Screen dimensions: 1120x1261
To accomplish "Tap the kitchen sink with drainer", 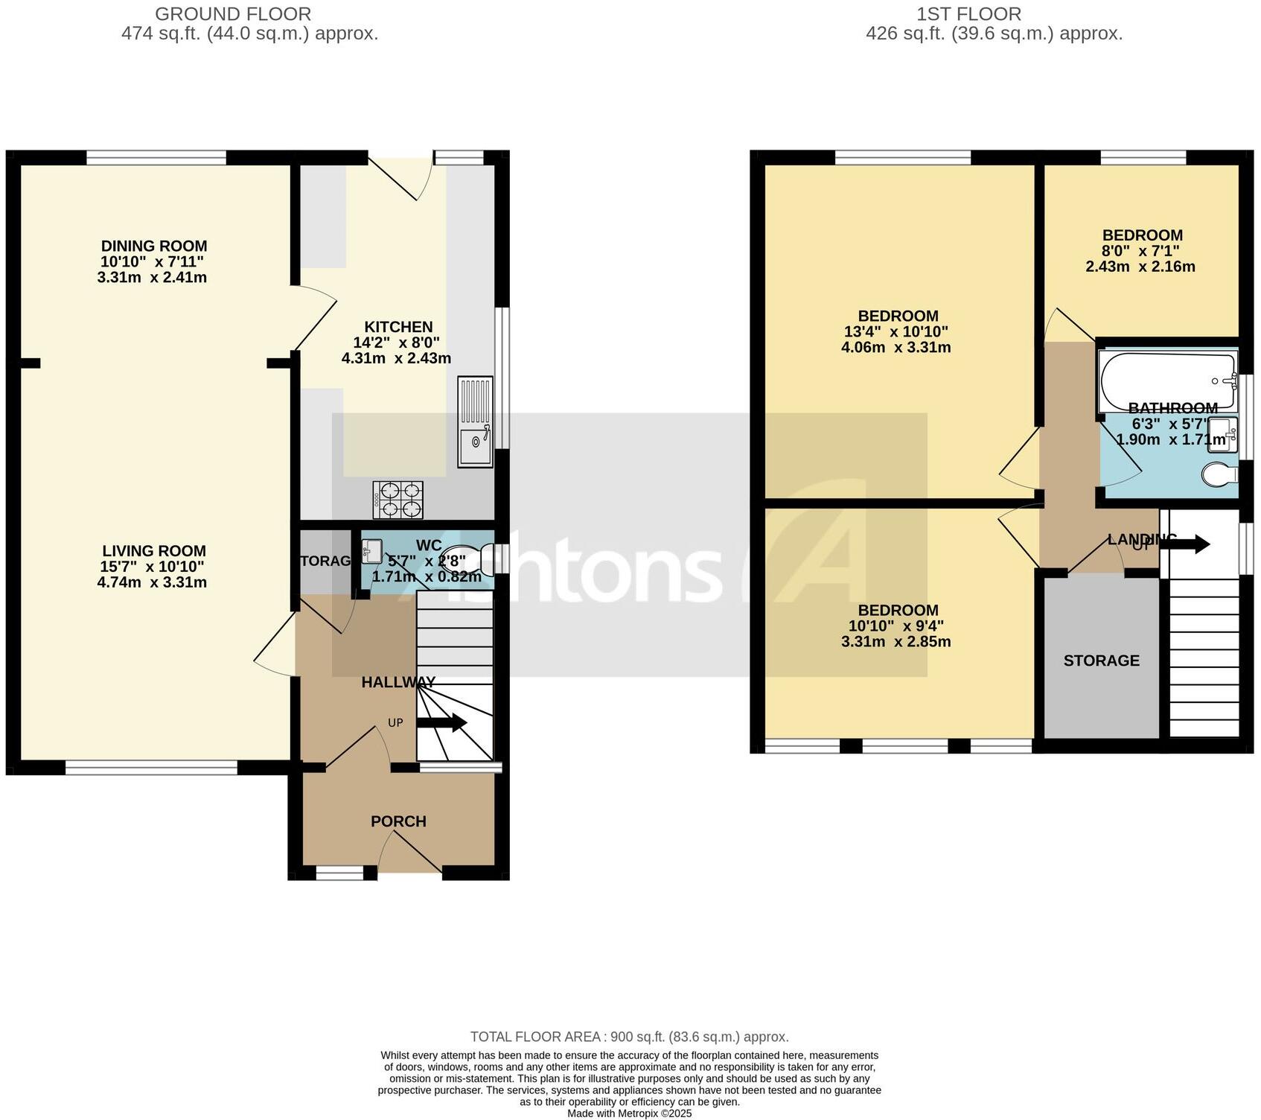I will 475,422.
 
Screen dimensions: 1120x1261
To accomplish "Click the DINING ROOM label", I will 154,246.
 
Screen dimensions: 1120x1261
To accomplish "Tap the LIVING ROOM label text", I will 154,551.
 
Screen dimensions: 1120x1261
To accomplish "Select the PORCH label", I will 398,821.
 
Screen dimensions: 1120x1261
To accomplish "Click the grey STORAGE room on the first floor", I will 1101,661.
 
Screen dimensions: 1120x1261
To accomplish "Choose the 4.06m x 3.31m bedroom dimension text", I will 896,348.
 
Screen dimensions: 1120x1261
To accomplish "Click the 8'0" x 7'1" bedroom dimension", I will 1140,251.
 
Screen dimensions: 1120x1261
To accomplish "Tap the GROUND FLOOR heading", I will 233,14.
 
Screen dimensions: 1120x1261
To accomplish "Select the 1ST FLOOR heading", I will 968,14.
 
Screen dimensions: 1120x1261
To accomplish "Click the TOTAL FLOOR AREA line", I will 629,1037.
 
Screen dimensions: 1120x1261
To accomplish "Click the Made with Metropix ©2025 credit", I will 629,1113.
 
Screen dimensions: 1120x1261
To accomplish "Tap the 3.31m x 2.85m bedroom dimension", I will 896,642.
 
